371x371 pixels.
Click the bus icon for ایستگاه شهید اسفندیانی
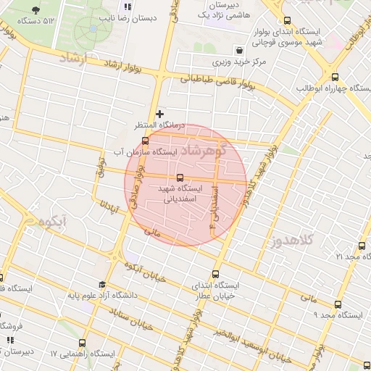(x=180, y=178)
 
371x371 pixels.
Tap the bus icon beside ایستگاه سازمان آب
(x=145, y=141)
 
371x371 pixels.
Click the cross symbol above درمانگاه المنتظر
(x=160, y=114)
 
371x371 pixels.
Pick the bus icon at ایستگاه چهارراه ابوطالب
(x=334, y=77)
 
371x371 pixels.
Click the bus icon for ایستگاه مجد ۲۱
(x=362, y=245)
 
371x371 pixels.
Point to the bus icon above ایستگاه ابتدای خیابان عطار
(x=215, y=274)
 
